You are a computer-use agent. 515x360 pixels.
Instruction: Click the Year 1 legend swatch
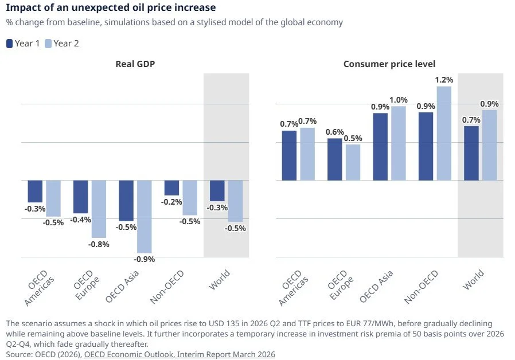[x=9, y=44]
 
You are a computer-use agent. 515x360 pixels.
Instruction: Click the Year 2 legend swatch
[x=48, y=44]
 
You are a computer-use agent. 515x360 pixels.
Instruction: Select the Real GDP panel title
[x=135, y=64]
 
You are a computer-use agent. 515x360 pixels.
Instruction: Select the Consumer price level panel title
[x=389, y=64]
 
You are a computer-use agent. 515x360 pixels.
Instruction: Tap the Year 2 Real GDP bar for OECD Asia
[x=145, y=216]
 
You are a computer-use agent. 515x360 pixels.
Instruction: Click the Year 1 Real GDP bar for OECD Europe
[x=80, y=197]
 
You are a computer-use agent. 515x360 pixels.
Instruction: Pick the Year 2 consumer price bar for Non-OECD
[x=444, y=133]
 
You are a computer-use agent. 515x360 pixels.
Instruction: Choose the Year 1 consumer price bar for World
[x=471, y=153]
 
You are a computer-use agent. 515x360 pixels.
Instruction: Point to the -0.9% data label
[x=145, y=259]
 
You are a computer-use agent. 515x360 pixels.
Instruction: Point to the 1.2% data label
[x=444, y=80]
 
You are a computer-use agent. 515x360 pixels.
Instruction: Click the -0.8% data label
[x=99, y=244]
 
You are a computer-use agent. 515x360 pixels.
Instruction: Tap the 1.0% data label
[x=398, y=100]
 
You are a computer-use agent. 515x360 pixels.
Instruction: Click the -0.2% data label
[x=171, y=202]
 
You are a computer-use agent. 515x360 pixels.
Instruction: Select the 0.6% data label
[x=335, y=132]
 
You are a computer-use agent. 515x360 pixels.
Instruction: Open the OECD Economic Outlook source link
[x=180, y=354]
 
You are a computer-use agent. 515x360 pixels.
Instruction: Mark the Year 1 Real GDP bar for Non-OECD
[x=171, y=188]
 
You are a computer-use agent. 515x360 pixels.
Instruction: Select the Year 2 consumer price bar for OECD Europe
[x=353, y=162]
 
